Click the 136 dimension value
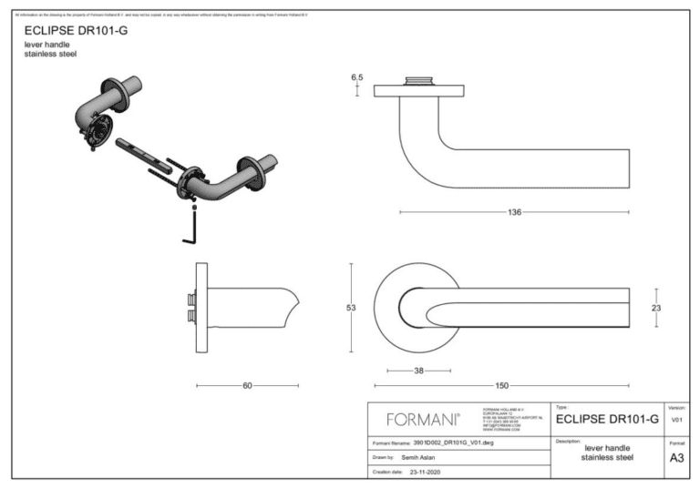tap(514, 212)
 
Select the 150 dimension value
tap(501, 386)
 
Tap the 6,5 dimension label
tap(357, 78)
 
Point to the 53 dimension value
tap(351, 308)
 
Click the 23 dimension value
tap(656, 308)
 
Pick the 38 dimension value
tap(418, 371)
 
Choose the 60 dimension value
tap(247, 386)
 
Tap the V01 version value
tap(676, 421)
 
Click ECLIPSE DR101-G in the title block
tap(606, 420)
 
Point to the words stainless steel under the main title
tap(50, 55)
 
